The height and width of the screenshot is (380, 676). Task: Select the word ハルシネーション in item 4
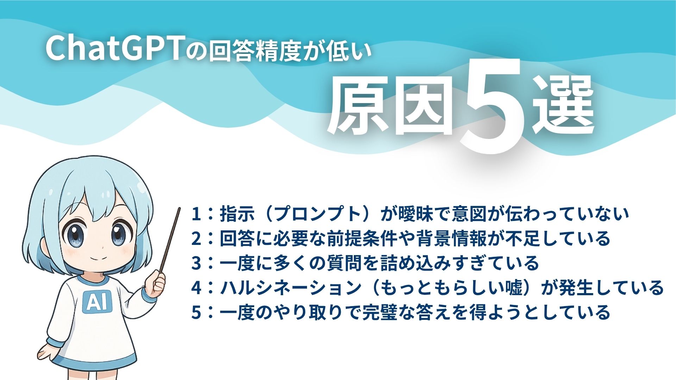290,288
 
